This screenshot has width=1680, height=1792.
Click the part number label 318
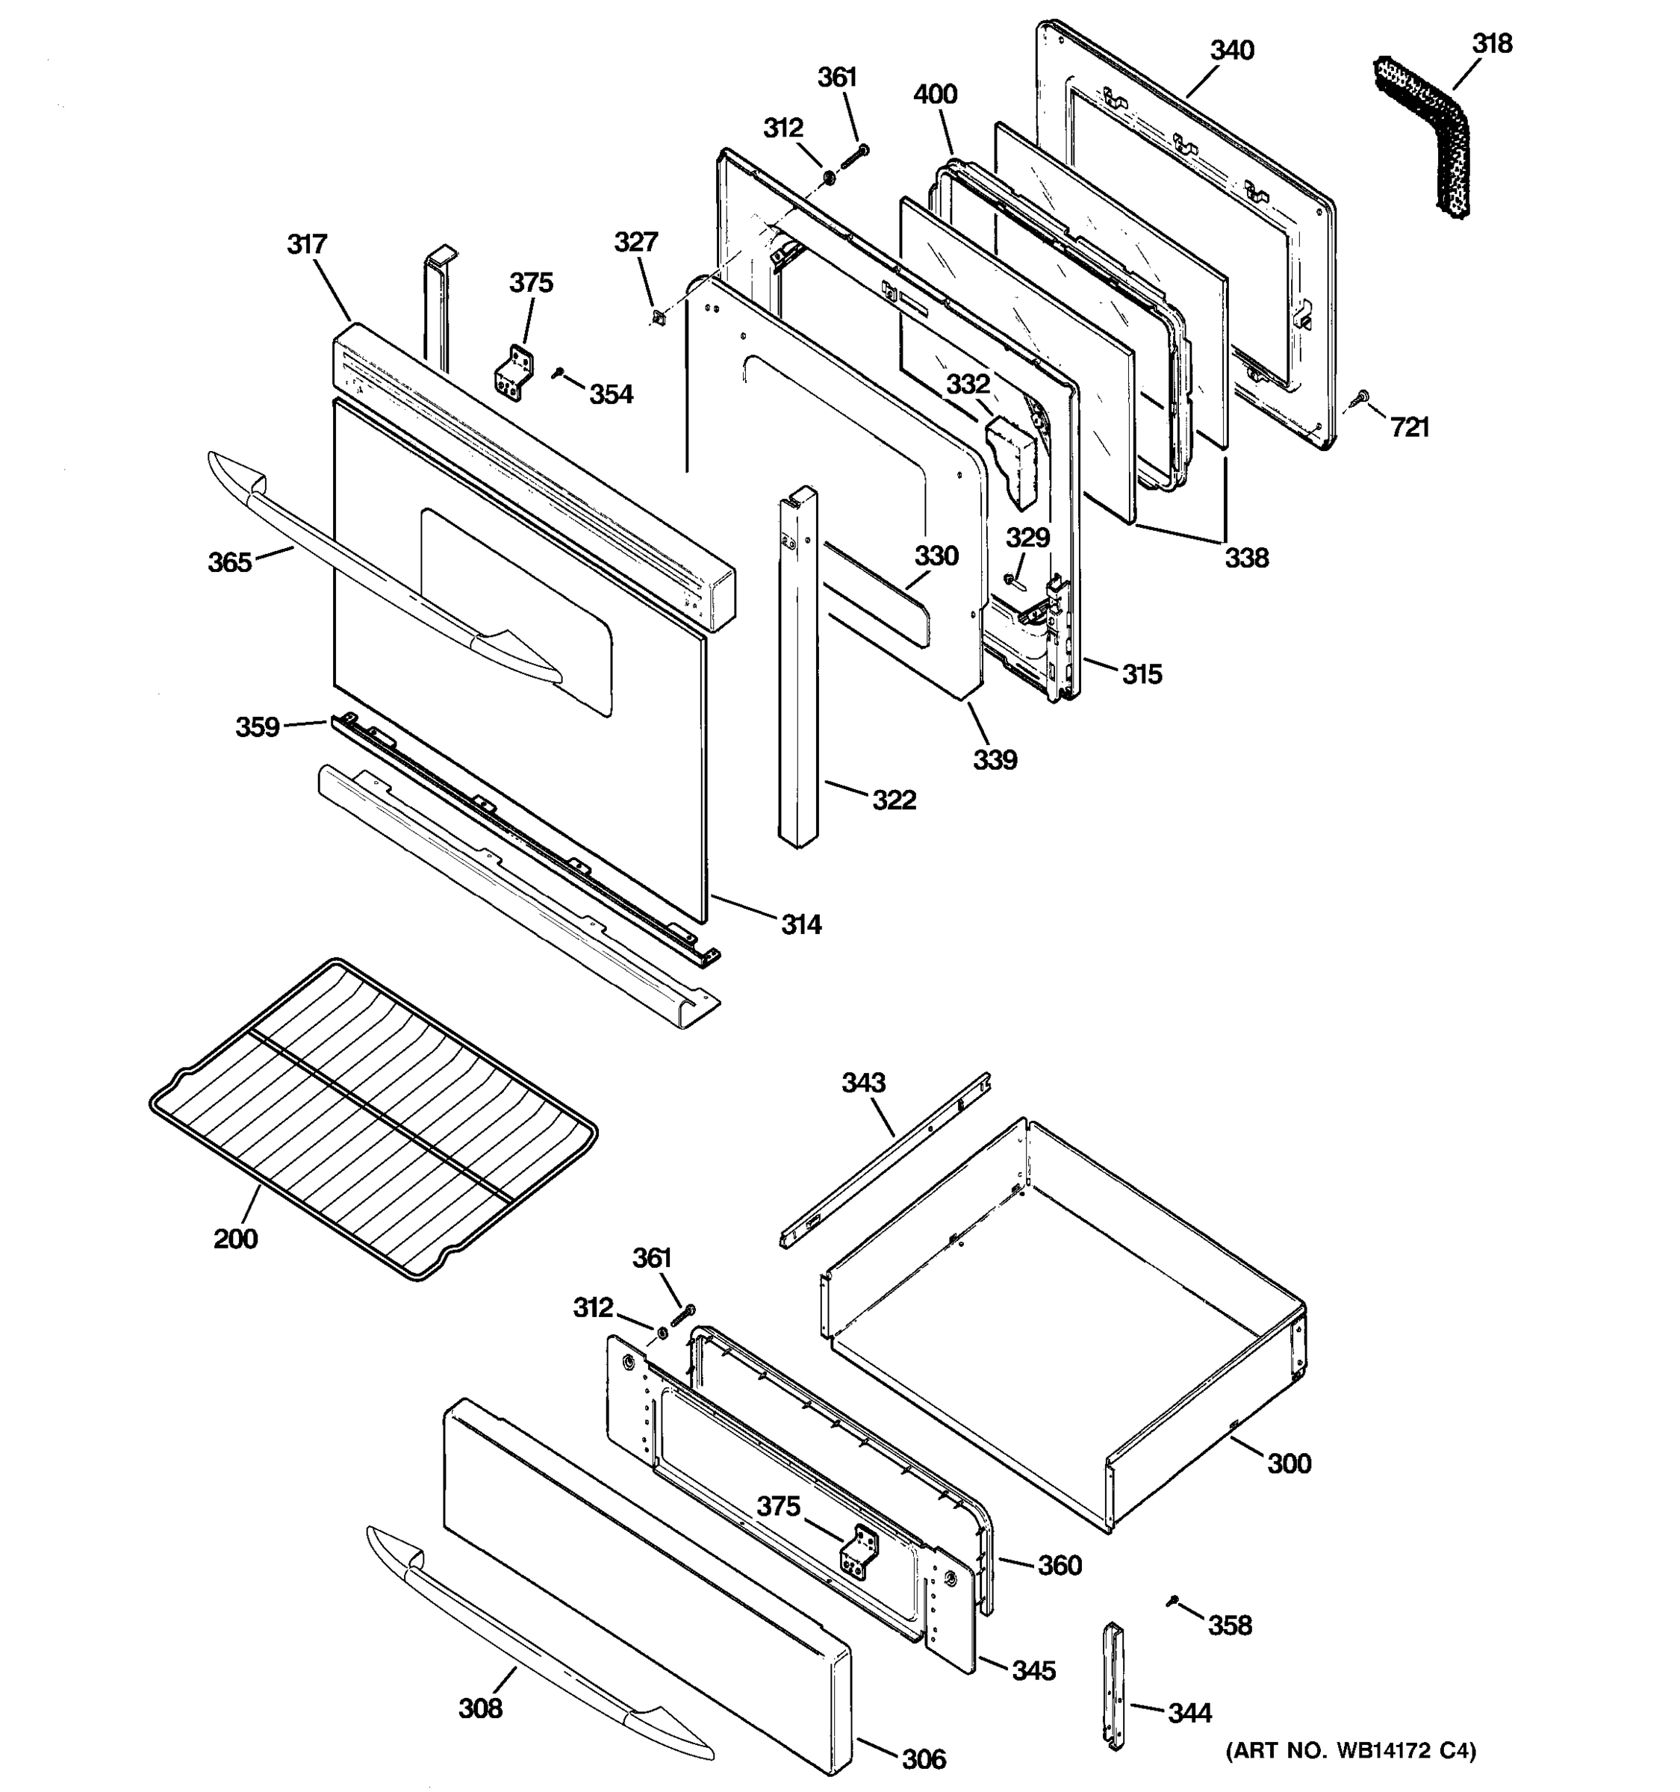[x=1493, y=43]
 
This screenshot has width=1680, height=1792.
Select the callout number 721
[x=1410, y=427]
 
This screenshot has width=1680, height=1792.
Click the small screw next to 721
[x=1362, y=396]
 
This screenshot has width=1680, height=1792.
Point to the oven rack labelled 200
[x=370, y=1118]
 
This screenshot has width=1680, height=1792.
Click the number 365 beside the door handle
[x=230, y=562]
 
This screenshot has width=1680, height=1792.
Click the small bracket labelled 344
[x=1115, y=1698]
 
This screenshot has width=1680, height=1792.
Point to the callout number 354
[x=611, y=394]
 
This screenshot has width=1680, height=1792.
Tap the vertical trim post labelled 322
[x=797, y=667]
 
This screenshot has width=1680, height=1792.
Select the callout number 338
[x=1246, y=558]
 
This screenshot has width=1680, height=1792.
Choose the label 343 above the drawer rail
[x=863, y=1082]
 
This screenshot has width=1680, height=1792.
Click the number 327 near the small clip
[x=636, y=242]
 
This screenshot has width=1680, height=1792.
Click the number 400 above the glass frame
[x=936, y=94]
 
